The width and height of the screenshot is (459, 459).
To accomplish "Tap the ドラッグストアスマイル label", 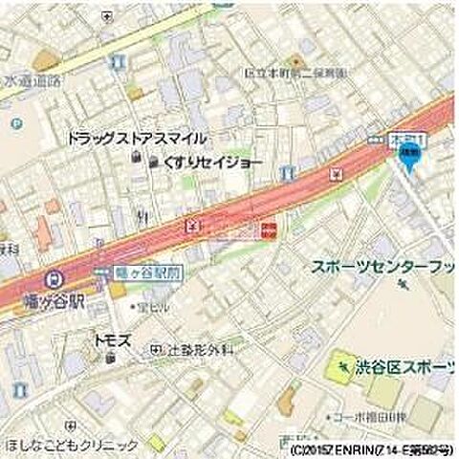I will (137, 139).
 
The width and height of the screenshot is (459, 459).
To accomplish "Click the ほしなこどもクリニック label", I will (71, 446).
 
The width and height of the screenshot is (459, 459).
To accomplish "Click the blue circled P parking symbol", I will (15, 122).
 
